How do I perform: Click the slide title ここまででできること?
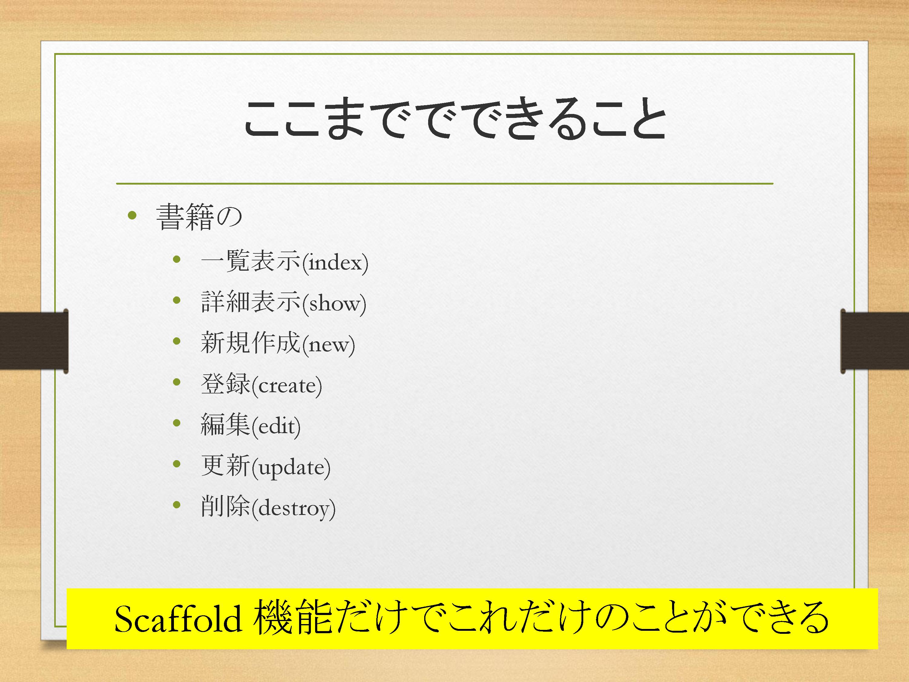(x=454, y=118)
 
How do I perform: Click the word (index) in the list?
(x=335, y=262)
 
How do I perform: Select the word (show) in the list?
(x=334, y=303)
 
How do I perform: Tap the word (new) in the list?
(x=328, y=344)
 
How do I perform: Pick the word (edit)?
(x=276, y=426)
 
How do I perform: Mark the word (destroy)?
(x=293, y=508)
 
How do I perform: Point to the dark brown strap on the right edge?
(x=874, y=340)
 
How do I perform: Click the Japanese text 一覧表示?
(x=251, y=261)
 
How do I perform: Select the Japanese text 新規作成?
(x=251, y=343)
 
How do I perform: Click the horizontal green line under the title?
(x=445, y=183)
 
